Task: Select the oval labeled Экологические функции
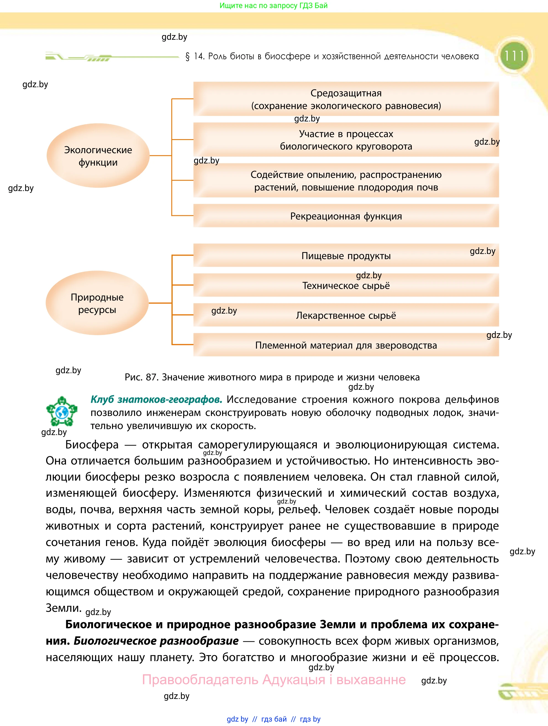tap(98, 156)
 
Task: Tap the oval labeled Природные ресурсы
tap(97, 303)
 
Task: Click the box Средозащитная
tap(346, 99)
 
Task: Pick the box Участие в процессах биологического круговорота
tap(346, 140)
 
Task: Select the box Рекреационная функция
tap(346, 216)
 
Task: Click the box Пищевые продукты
tap(346, 255)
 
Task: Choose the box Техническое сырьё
tap(346, 285)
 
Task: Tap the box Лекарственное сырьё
tap(346, 315)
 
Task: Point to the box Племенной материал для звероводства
tap(346, 345)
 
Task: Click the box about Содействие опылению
tap(346, 181)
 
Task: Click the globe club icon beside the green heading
tap(62, 411)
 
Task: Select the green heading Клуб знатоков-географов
tap(156, 399)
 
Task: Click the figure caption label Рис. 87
tap(141, 377)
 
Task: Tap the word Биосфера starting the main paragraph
tap(92, 445)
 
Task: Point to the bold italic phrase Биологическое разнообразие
tap(156, 641)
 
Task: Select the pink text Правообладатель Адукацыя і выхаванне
tap(273, 679)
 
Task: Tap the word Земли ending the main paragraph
tap(63, 608)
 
